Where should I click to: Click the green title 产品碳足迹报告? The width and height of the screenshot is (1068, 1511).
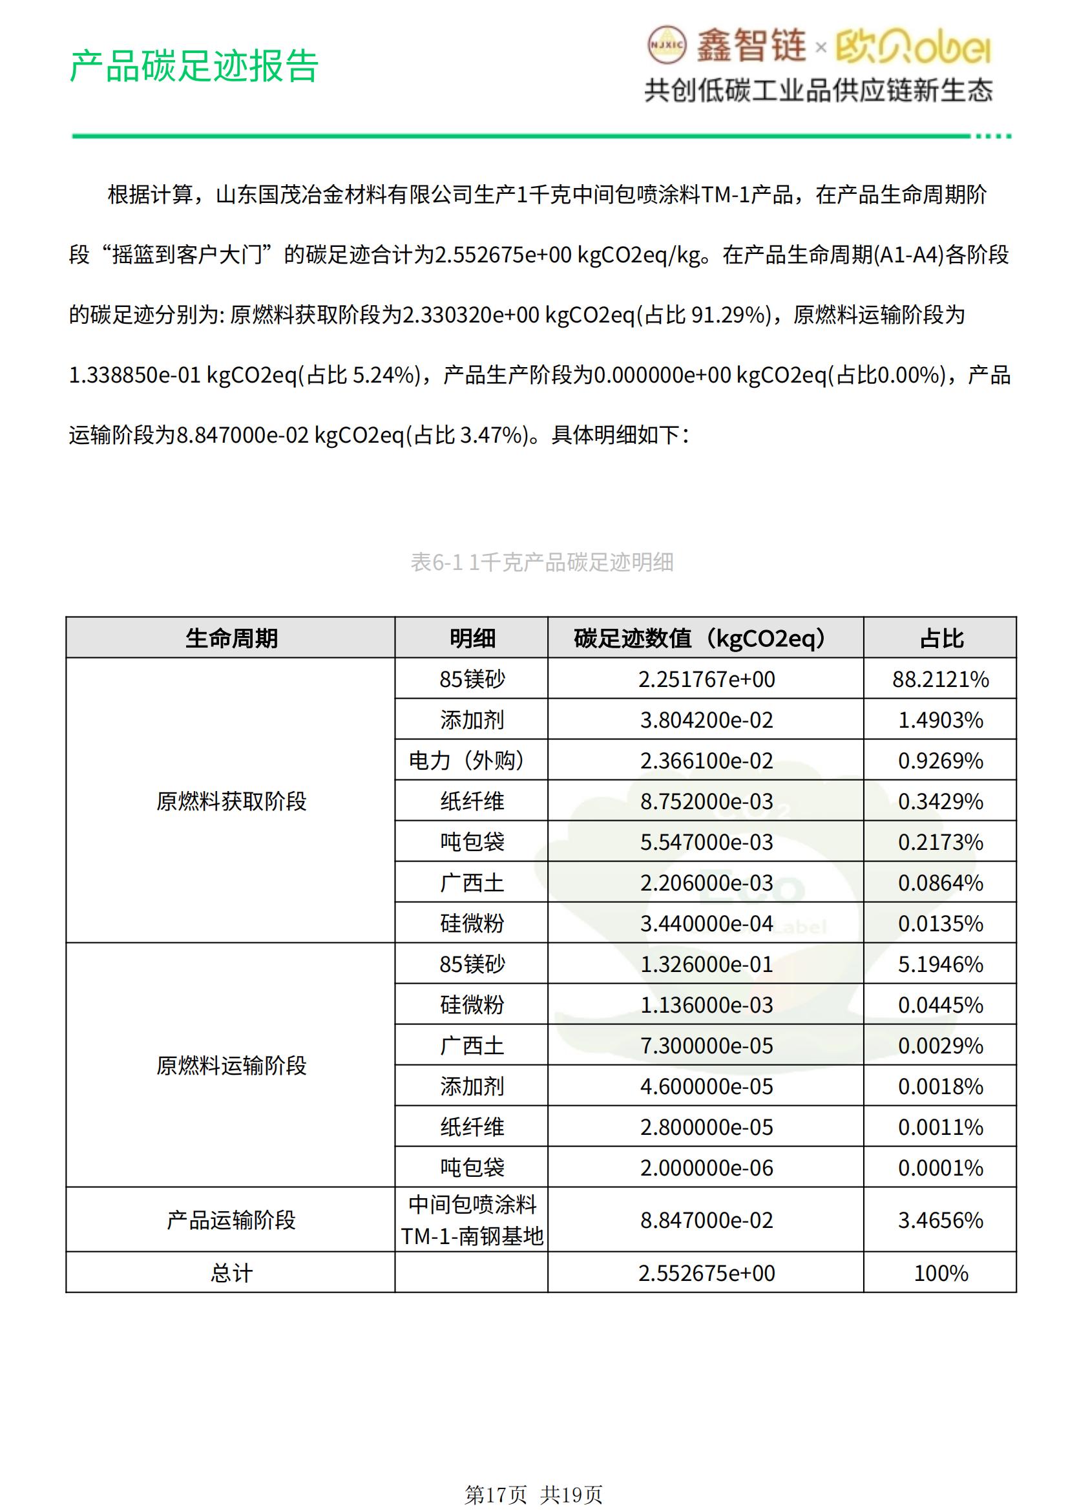193,66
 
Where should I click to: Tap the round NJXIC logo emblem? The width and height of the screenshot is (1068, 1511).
667,45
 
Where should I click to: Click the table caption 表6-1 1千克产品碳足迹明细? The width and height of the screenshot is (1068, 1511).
541,562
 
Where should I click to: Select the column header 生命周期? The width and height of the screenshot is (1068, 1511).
231,638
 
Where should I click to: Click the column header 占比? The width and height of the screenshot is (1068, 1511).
940,638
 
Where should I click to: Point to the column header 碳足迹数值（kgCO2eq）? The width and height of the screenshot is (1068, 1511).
706,638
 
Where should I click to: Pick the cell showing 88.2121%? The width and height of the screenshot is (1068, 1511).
940,679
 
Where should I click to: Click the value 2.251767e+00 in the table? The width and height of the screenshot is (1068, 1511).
706,679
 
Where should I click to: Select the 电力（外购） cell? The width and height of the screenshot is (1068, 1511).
471,760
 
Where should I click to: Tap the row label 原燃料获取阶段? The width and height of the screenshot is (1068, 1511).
231,801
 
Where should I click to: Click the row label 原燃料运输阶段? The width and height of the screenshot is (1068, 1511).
231,1065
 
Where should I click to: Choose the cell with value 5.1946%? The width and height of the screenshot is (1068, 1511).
940,964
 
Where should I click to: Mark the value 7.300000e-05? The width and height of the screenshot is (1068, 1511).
706,1046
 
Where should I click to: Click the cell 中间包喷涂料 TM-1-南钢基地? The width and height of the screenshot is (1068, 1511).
471,1220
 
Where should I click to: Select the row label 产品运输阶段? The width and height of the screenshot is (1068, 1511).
231,1220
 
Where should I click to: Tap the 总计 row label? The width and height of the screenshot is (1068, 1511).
231,1273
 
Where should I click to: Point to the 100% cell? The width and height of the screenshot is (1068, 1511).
940,1273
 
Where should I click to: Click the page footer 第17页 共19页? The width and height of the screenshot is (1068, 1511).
533,1495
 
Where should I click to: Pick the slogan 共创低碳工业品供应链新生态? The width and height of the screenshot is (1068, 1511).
818,90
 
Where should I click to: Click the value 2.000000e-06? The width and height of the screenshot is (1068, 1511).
706,1167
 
